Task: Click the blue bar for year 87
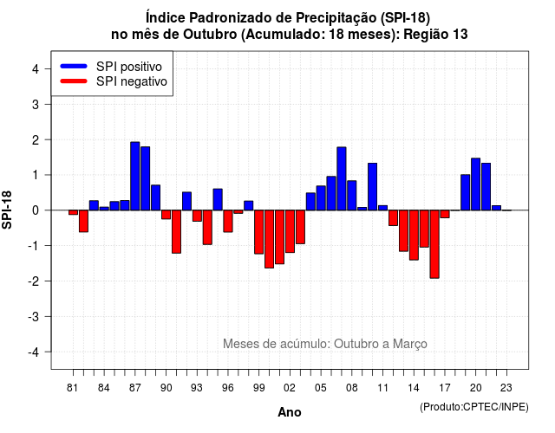[135, 176]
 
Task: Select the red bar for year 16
[434, 244]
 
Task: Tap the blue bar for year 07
[342, 178]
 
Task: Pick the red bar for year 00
[270, 239]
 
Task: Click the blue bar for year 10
[372, 187]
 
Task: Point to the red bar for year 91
[176, 232]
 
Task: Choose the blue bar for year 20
[476, 184]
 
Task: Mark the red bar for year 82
[83, 222]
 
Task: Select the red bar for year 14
[414, 235]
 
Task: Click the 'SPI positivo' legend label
[129, 67]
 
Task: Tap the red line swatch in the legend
[74, 81]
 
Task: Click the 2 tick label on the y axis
[36, 140]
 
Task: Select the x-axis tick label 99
[258, 388]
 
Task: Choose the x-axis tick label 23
[506, 388]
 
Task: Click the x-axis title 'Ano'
[290, 412]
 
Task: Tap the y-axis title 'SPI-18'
[7, 210]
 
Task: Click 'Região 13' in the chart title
[435, 35]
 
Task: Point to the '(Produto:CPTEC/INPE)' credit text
[474, 407]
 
